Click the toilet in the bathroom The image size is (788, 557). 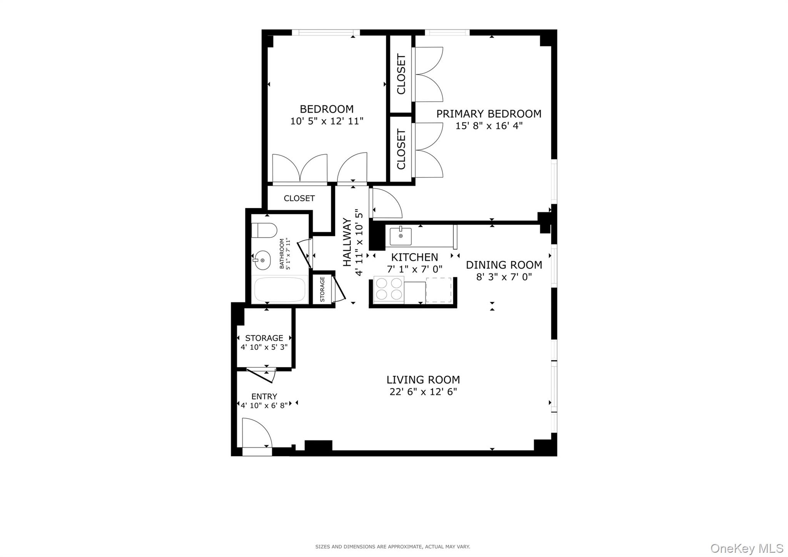click(264, 230)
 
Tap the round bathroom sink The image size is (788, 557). click(262, 260)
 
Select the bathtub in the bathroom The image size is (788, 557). click(280, 289)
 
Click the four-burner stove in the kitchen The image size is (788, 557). click(389, 289)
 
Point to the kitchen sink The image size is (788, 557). click(401, 236)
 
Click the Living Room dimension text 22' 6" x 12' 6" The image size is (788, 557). click(423, 392)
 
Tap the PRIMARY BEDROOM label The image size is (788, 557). click(489, 114)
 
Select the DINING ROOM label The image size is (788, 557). click(504, 265)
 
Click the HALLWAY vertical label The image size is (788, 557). click(347, 242)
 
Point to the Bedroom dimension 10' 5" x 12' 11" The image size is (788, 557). click(327, 121)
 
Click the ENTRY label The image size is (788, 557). click(264, 396)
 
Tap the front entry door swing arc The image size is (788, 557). click(257, 433)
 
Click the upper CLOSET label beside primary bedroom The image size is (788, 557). click(401, 74)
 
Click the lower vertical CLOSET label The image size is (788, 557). click(401, 149)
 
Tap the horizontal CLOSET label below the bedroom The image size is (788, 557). click(299, 198)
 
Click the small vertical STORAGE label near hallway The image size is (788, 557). click(322, 289)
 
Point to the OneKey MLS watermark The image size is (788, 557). click(746, 547)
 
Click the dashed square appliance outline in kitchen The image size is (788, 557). click(439, 290)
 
